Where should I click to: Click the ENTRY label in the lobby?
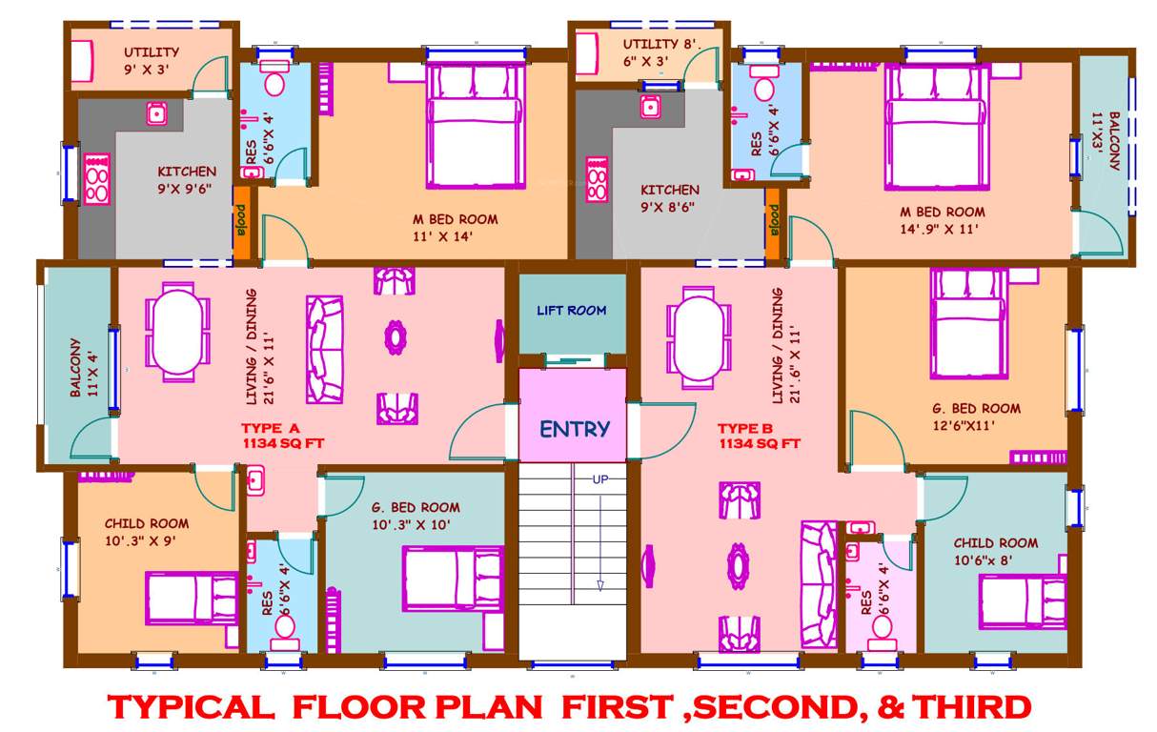(574, 429)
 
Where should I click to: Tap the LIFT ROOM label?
(572, 310)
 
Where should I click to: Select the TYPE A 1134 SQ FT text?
(287, 436)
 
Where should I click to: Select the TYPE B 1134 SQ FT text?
(759, 436)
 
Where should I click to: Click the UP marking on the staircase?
(601, 478)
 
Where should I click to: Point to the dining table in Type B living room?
(700, 335)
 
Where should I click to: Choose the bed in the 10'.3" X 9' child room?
(191, 599)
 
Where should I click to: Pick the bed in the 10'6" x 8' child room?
(1023, 602)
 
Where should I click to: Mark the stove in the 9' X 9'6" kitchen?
(97, 180)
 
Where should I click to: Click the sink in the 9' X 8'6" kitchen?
(650, 107)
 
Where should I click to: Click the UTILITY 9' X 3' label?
(151, 60)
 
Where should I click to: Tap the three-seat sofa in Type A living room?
(325, 349)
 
